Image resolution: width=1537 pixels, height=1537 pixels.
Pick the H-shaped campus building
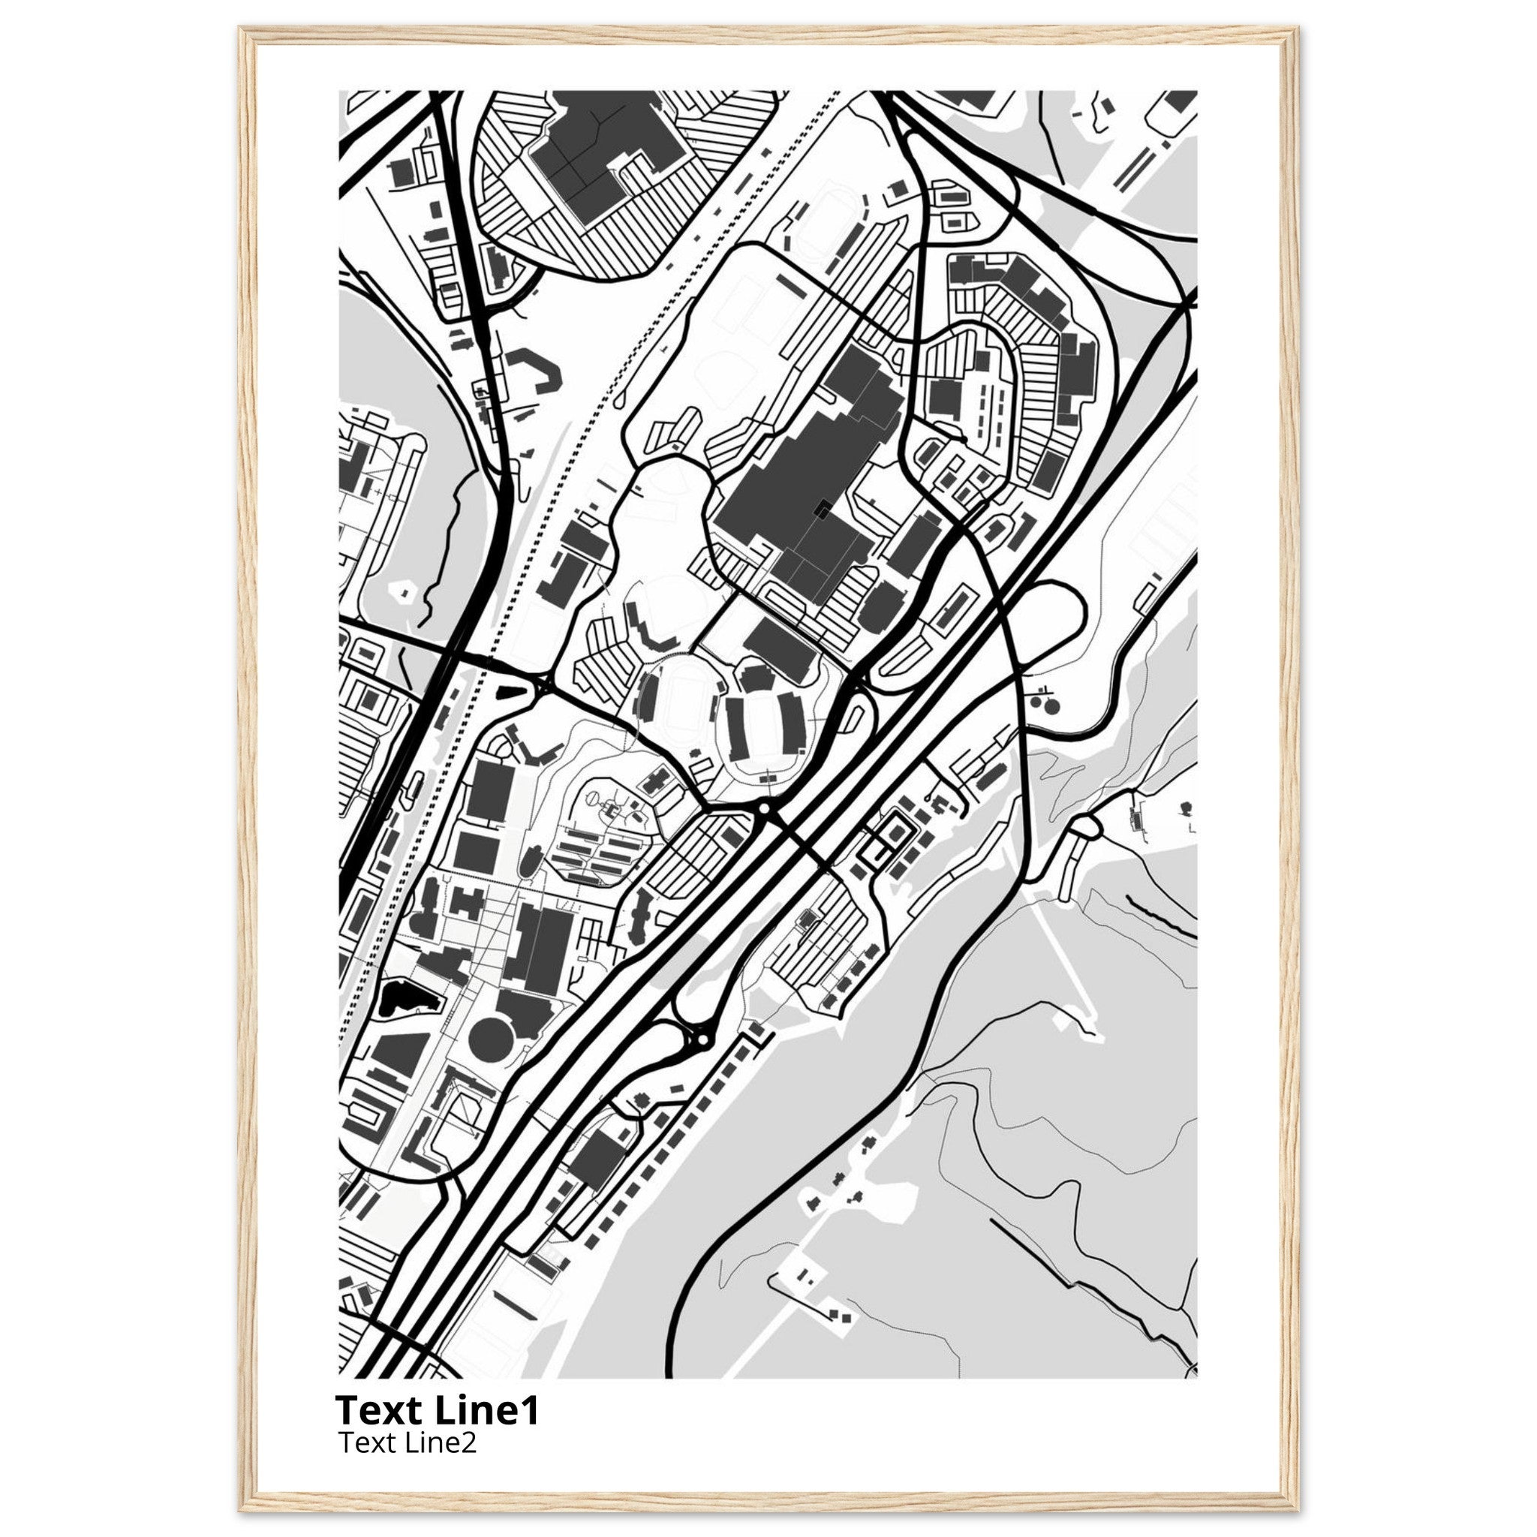pyautogui.click(x=467, y=902)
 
